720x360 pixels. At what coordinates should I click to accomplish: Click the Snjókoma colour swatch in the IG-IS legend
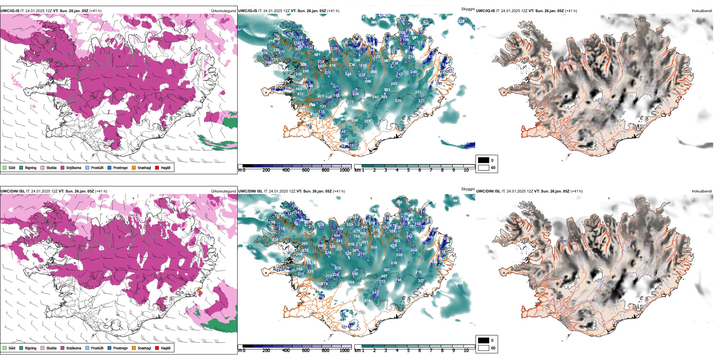[63, 167]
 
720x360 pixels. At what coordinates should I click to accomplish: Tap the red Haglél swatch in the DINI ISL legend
[157, 348]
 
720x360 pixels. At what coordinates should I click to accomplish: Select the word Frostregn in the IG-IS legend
[121, 167]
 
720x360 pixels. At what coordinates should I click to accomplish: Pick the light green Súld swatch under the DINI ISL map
[5, 348]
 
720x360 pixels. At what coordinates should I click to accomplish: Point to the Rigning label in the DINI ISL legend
[31, 348]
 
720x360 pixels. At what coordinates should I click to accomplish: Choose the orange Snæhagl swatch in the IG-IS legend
[134, 167]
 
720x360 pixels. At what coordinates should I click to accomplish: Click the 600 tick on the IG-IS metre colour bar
[305, 170]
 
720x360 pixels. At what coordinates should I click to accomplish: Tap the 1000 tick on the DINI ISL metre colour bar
[344, 351]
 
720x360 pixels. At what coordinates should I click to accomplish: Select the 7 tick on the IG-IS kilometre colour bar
[431, 170]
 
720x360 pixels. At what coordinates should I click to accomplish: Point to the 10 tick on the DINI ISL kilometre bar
[466, 351]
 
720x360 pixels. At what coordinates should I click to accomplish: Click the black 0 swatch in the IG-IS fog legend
[484, 160]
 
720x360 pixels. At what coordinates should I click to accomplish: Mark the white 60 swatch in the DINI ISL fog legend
[484, 348]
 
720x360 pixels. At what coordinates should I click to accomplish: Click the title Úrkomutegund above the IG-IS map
[223, 11]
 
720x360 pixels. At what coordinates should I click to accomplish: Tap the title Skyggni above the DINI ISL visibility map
[468, 189]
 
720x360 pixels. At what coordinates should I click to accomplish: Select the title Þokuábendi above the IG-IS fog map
[702, 11]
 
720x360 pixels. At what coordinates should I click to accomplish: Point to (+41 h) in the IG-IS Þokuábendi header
[571, 11]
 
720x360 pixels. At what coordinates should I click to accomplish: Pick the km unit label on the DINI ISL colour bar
[357, 351]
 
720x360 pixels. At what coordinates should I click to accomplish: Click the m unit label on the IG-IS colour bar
[239, 170]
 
